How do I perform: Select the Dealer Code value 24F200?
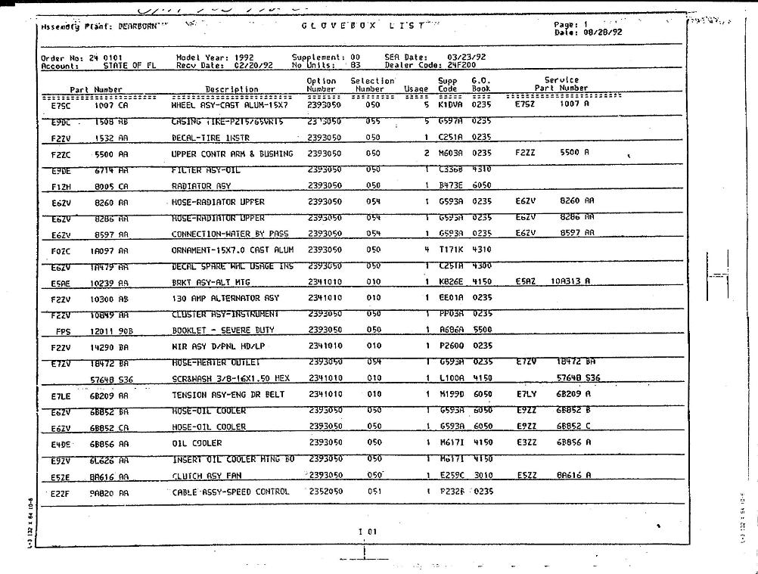pyautogui.click(x=461, y=65)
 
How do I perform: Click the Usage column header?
pyautogui.click(x=416, y=89)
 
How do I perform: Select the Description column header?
pyautogui.click(x=231, y=89)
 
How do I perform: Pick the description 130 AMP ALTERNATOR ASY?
pyautogui.click(x=225, y=298)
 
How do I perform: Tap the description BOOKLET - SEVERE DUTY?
pyautogui.click(x=223, y=330)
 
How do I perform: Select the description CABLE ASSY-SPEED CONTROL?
pyautogui.click(x=230, y=492)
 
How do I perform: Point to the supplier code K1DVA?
pyautogui.click(x=451, y=104)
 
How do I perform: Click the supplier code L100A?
pyautogui.click(x=451, y=377)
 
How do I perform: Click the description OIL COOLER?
pyautogui.click(x=197, y=443)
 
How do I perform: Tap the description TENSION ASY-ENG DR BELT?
pyautogui.click(x=228, y=394)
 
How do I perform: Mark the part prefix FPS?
pyautogui.click(x=63, y=330)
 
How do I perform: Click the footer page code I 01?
pyautogui.click(x=368, y=531)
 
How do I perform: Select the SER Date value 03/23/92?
pyautogui.click(x=467, y=57)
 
